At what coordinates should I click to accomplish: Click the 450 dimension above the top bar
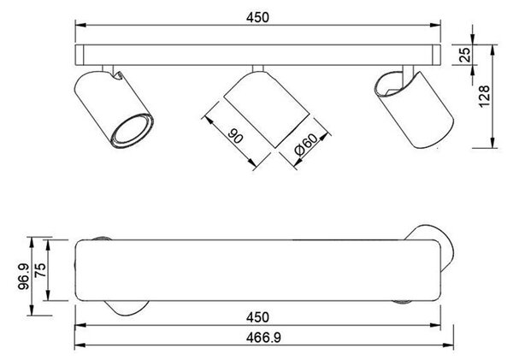258,17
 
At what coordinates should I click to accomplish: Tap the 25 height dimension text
465,55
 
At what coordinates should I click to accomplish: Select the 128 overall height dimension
484,96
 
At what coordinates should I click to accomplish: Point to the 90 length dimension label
235,136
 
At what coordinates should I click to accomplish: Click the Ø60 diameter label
306,144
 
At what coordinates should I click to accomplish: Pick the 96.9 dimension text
24,276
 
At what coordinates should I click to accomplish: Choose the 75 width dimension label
40,270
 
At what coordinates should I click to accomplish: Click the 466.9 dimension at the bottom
263,338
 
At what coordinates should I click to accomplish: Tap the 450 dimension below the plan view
258,317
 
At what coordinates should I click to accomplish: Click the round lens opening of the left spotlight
133,130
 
